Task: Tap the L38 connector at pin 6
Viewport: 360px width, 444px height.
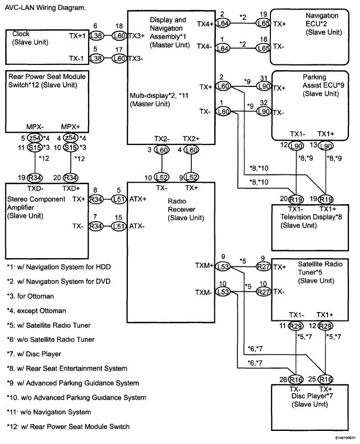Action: [96, 35]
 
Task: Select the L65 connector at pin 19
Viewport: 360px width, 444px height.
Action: [263, 24]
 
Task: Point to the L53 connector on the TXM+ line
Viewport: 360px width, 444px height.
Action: [223, 265]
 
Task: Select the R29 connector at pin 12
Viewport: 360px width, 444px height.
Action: [326, 326]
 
